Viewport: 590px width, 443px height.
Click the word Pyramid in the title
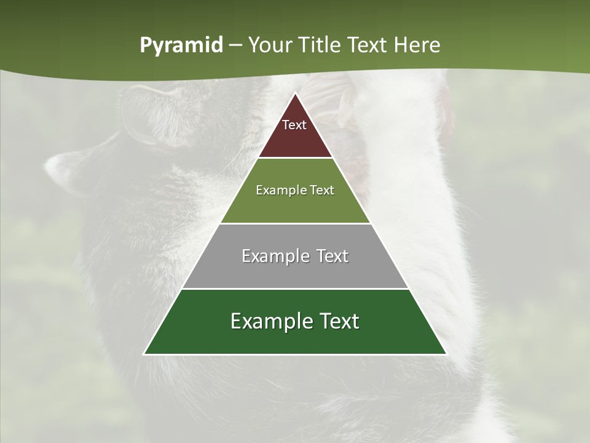click(x=181, y=46)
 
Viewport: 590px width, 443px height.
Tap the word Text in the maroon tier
click(x=294, y=125)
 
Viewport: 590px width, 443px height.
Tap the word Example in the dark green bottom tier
click(x=267, y=321)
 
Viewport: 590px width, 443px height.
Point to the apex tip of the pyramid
click(x=295, y=94)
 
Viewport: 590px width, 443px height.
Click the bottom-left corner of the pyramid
click(x=145, y=354)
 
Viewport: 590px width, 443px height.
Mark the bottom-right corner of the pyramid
click(x=446, y=354)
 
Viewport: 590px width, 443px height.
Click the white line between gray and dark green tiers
click(x=295, y=289)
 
